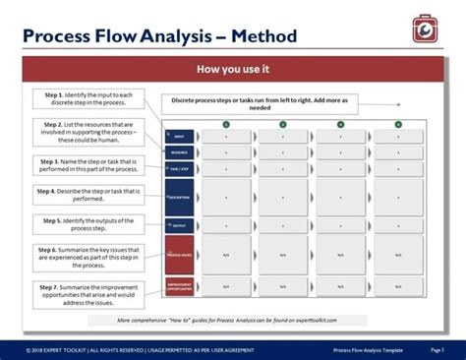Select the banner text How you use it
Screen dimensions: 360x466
[x=233, y=71]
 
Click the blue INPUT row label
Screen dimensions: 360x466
[x=179, y=137]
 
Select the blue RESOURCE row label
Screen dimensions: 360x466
[x=179, y=152]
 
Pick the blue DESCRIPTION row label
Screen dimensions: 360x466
[x=179, y=197]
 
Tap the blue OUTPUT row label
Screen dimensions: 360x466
[x=179, y=225]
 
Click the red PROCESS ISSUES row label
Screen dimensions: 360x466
[x=179, y=254]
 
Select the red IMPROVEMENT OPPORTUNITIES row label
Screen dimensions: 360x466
[x=179, y=286]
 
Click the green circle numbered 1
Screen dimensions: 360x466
[x=225, y=124]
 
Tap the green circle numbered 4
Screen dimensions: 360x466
[x=398, y=124]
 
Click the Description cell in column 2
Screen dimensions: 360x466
[x=283, y=197]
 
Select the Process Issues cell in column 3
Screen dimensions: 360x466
[x=341, y=254]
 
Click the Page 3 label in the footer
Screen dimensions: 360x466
[x=437, y=349]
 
